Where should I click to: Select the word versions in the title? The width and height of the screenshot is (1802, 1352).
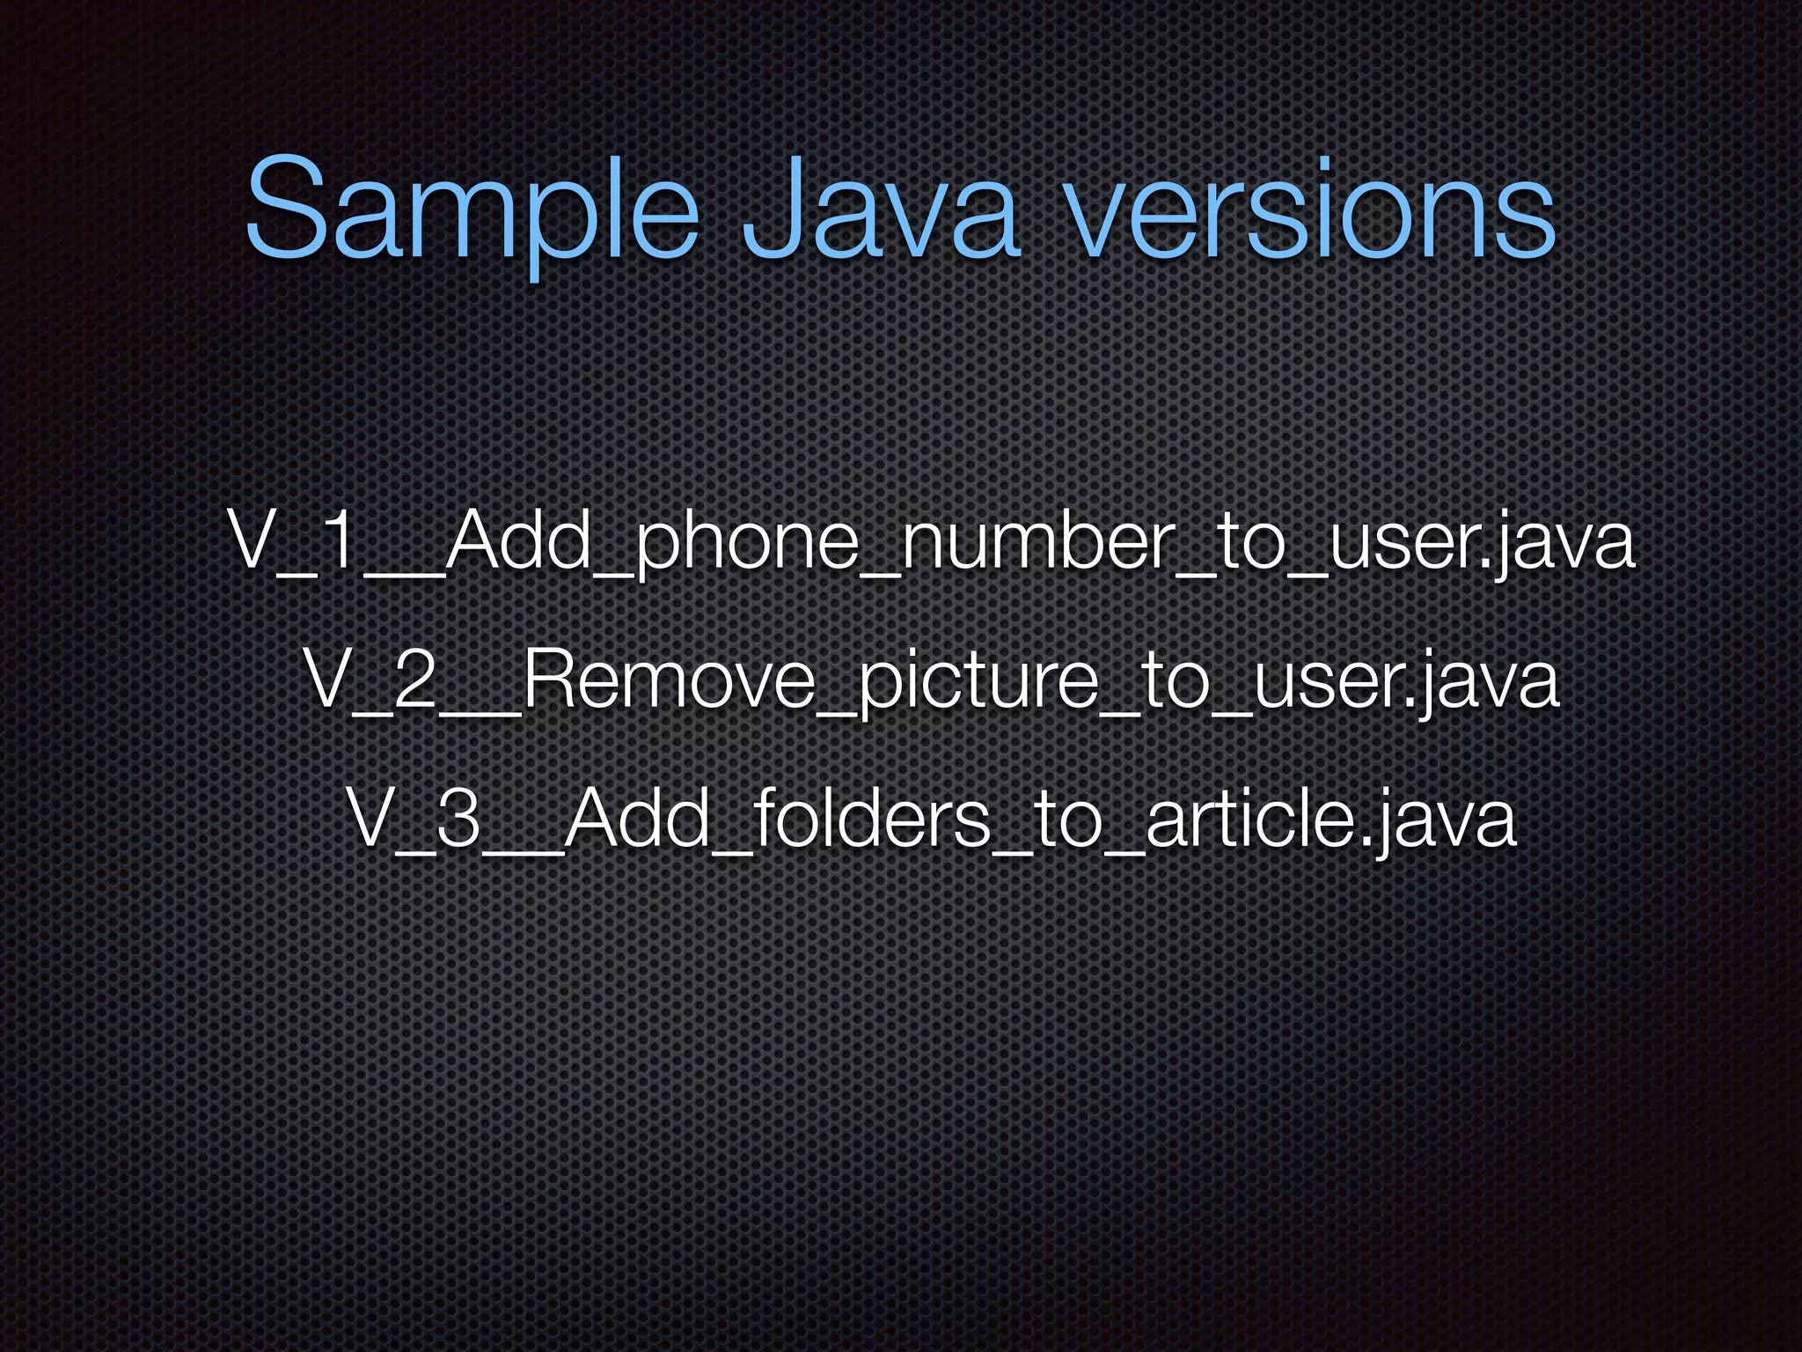tap(1311, 211)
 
